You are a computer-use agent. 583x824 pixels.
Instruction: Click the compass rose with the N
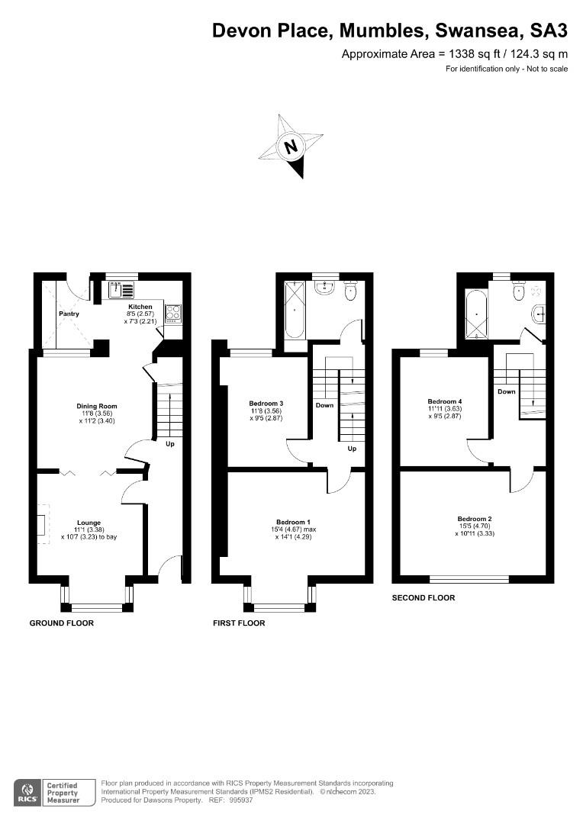291,146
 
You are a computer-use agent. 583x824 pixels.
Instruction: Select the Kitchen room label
140,307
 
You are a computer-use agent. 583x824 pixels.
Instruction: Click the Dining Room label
96,406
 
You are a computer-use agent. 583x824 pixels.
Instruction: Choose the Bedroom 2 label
475,520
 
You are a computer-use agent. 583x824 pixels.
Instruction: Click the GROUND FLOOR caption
62,623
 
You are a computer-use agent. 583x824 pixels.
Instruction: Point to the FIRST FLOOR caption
239,623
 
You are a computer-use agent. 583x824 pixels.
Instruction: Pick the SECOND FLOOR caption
424,598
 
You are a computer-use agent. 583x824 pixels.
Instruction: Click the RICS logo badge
27,792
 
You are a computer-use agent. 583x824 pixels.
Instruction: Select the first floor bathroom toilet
351,289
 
